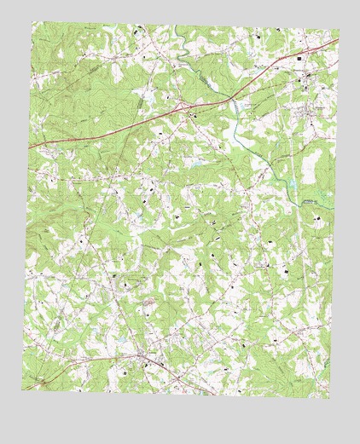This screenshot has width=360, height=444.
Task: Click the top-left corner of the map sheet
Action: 33,23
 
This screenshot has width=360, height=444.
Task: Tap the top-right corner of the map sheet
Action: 339,31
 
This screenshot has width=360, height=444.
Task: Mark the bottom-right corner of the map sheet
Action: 329,398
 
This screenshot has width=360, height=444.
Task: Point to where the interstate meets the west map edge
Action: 29,147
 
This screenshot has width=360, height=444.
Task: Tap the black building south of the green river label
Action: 319,219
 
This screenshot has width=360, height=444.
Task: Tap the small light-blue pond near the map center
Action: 195,162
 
